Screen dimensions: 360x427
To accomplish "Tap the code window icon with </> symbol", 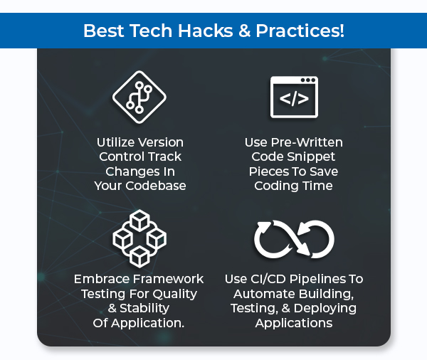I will point(293,97).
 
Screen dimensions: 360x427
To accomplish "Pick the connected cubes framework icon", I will point(139,238).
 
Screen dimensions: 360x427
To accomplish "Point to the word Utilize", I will point(115,142).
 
